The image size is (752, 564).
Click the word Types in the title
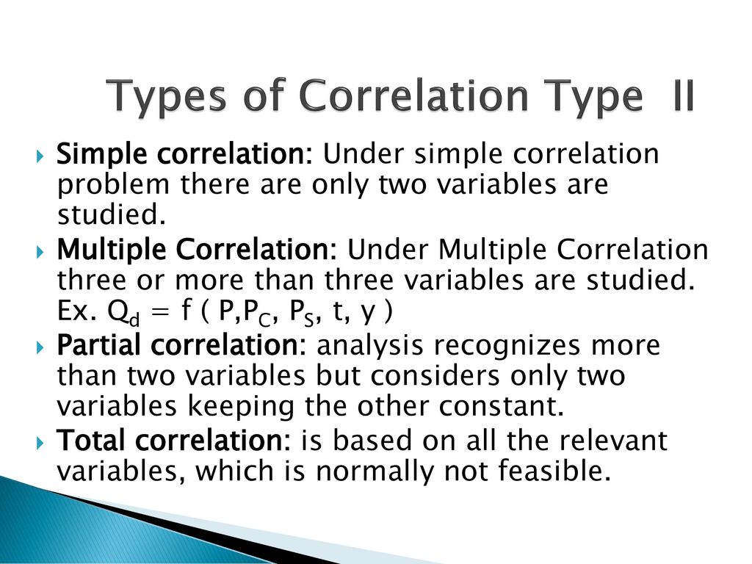point(165,98)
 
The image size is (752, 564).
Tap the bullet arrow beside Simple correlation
point(40,156)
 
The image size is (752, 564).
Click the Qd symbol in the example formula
point(123,313)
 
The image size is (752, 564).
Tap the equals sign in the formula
point(162,312)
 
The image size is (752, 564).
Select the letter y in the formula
point(367,314)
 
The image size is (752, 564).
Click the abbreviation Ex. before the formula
point(73,311)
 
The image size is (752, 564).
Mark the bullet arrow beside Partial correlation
point(40,347)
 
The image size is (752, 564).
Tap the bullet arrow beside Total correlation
point(40,443)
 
